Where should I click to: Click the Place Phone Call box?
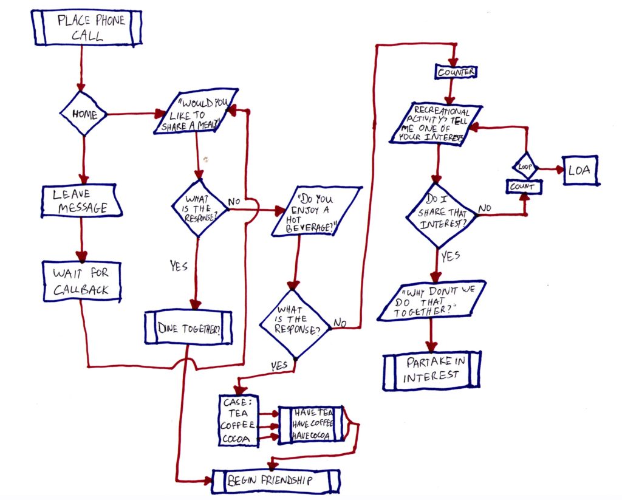(x=86, y=28)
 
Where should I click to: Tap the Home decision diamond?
(x=83, y=114)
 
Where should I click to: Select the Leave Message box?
(x=81, y=201)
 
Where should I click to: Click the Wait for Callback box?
(x=82, y=281)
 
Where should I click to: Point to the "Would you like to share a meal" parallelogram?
(x=196, y=112)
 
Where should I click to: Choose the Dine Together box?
(x=188, y=327)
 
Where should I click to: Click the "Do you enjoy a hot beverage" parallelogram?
(x=316, y=211)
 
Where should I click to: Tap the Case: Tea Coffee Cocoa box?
(x=239, y=420)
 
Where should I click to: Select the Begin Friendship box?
(x=276, y=481)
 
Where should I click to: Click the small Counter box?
(x=456, y=72)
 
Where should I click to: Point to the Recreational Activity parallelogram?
(x=436, y=124)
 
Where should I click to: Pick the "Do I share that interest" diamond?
(x=441, y=216)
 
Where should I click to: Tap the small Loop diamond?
(x=525, y=166)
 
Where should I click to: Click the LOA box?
(x=580, y=170)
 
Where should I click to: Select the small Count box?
(x=524, y=187)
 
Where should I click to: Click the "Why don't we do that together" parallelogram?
(x=432, y=301)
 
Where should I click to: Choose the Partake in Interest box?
(x=432, y=370)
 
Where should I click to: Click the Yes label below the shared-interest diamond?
(x=451, y=256)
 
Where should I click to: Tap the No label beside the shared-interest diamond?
(x=485, y=208)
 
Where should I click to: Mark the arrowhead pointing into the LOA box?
(x=559, y=170)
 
